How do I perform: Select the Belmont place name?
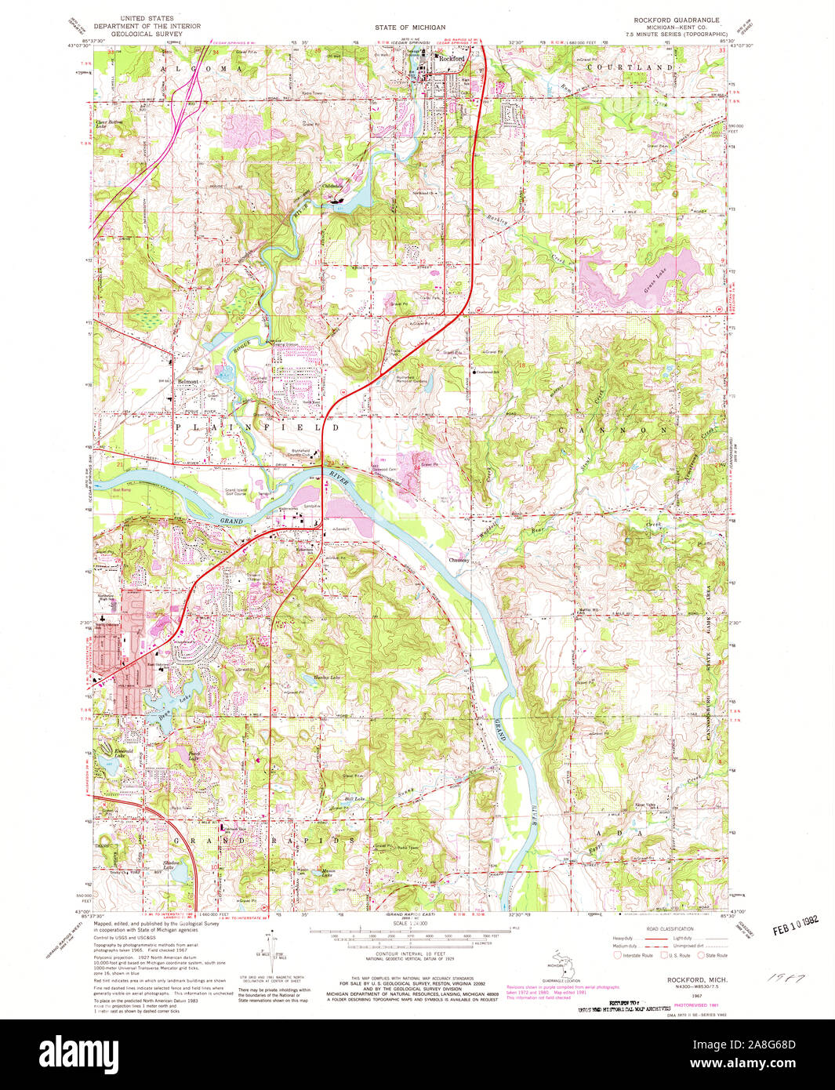click(188, 382)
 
